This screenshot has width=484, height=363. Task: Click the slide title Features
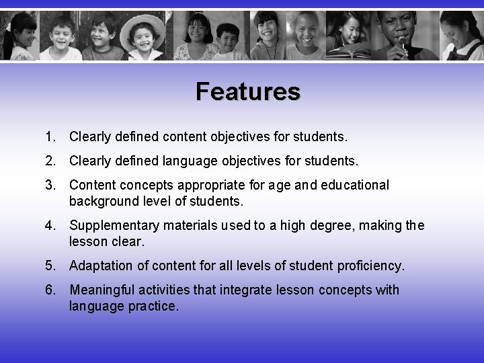tap(248, 91)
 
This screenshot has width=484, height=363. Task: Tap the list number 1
tap(50, 138)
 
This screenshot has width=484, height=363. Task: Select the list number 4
tap(50, 226)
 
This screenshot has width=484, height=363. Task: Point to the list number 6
tap(50, 290)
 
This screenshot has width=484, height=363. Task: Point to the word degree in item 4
tap(329, 226)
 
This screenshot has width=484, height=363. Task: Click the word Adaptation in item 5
tap(101, 266)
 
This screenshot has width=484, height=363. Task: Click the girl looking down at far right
tap(460, 37)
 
